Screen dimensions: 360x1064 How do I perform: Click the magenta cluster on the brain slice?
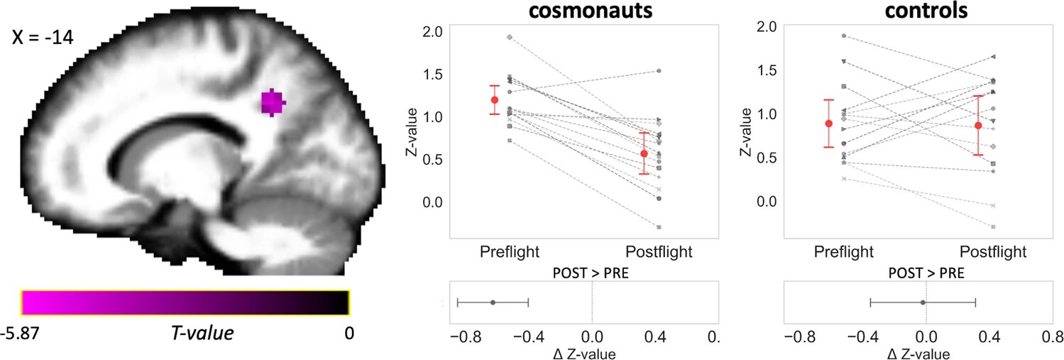pyautogui.click(x=273, y=102)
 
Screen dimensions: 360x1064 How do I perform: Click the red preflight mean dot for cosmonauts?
pyautogui.click(x=494, y=100)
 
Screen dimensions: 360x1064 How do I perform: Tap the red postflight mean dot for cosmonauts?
pyautogui.click(x=644, y=153)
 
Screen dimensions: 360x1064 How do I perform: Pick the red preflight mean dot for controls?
pyautogui.click(x=828, y=124)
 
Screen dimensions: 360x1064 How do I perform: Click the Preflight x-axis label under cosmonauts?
pyautogui.click(x=509, y=251)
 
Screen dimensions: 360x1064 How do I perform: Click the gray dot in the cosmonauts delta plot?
pyautogui.click(x=493, y=302)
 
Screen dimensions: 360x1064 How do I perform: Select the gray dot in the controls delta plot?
pyautogui.click(x=923, y=302)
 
